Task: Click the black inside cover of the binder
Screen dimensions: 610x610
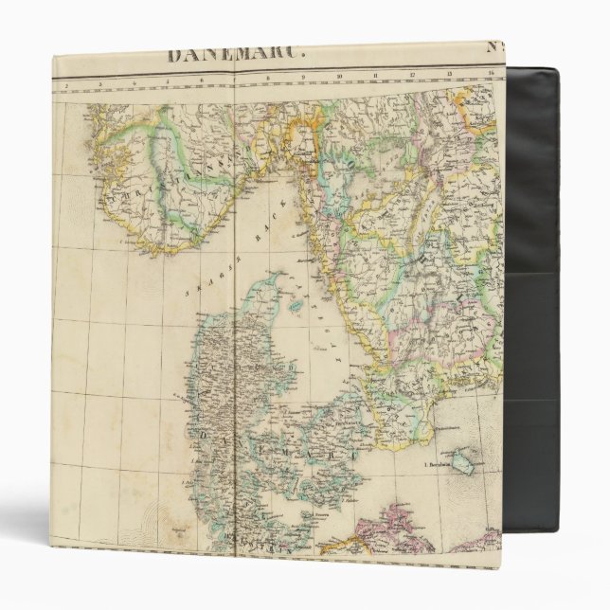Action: tap(530, 313)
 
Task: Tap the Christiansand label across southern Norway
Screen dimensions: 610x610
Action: tap(161, 189)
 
